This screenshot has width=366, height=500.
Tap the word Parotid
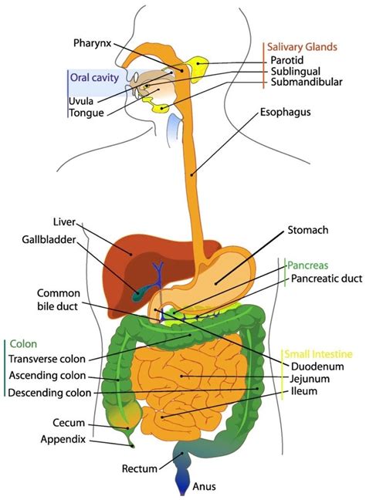[x=287, y=60]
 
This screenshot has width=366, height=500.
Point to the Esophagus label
[x=285, y=112]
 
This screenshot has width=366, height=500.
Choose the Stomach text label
[x=308, y=230]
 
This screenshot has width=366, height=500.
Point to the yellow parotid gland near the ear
[x=203, y=62]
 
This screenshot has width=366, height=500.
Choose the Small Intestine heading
[x=319, y=350]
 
